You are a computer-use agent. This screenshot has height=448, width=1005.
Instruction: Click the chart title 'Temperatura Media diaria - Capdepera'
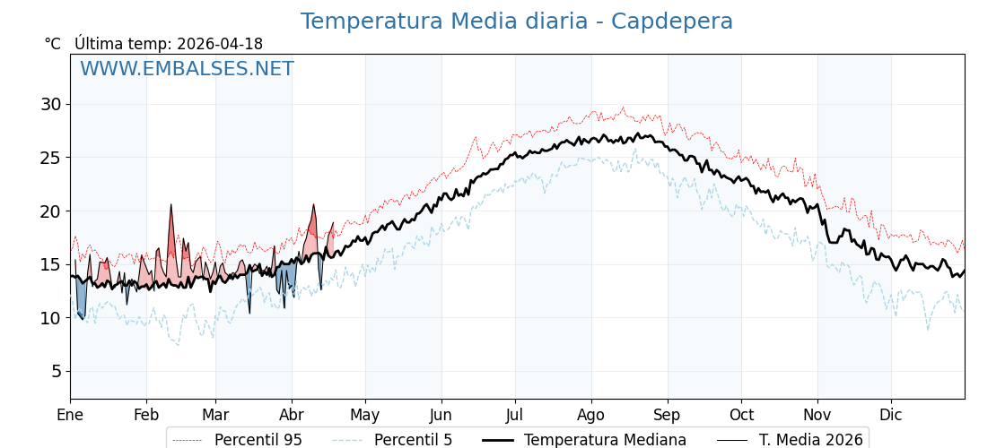(x=516, y=22)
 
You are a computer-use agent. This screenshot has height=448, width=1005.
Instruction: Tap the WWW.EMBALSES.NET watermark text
(x=187, y=69)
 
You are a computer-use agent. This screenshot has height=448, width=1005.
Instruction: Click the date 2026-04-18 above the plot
(x=220, y=44)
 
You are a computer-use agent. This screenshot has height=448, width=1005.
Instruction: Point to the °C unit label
(x=53, y=44)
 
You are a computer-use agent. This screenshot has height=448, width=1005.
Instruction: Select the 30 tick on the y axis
(x=50, y=104)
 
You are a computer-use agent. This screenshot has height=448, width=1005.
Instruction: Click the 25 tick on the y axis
(x=50, y=158)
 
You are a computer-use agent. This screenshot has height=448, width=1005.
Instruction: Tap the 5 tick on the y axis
(x=56, y=371)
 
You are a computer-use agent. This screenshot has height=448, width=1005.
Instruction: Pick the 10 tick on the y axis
(x=50, y=318)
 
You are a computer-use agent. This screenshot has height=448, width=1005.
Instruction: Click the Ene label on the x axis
(x=70, y=415)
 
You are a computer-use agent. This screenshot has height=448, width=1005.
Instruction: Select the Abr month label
(x=292, y=415)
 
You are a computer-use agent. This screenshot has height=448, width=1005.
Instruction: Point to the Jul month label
(x=515, y=415)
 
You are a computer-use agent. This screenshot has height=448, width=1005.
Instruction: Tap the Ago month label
(x=591, y=415)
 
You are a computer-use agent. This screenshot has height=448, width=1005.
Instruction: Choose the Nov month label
(x=817, y=415)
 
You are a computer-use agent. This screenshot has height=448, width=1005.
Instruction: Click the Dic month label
(x=891, y=415)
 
